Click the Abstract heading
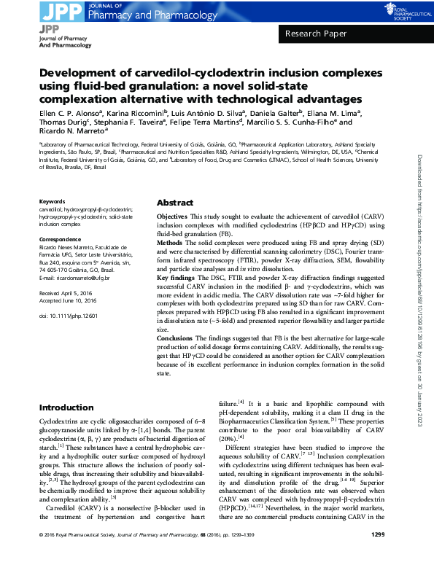(175, 203)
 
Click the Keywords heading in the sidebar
(52, 201)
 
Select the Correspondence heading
(60, 239)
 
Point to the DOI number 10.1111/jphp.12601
(63, 315)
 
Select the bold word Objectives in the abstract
(172, 218)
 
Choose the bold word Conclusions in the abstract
(176, 338)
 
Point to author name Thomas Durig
(63, 125)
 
